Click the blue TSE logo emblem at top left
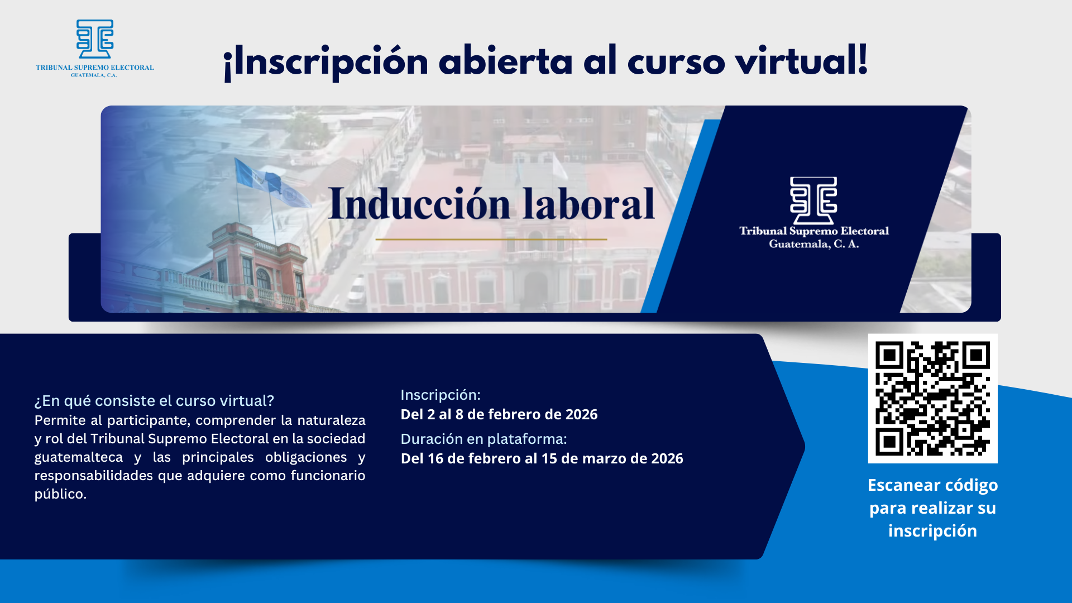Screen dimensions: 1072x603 coord(95,39)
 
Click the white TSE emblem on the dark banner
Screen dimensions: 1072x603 coord(813,200)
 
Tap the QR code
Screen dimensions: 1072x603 coord(932,399)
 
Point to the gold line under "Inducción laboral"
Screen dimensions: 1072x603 coord(491,240)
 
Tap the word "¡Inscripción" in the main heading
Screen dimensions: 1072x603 coord(326,61)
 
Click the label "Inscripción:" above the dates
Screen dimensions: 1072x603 coord(441,395)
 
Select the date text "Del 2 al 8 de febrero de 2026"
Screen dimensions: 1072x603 coord(499,414)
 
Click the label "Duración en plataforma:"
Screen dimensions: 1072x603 coord(484,439)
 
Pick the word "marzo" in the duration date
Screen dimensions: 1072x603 coord(604,458)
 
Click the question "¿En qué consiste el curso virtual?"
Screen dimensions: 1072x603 coord(154,401)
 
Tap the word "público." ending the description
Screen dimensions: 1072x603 coord(60,494)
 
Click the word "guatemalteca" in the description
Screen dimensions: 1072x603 coord(79,457)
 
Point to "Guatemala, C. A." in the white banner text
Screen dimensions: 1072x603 coord(814,244)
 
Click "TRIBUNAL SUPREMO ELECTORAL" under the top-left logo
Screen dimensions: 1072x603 coord(95,68)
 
